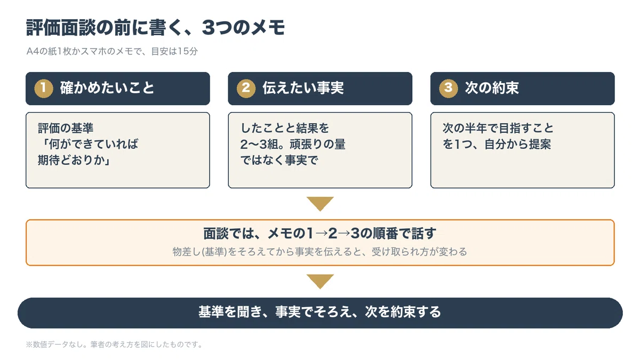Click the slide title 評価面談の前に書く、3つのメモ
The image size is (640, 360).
[155, 28]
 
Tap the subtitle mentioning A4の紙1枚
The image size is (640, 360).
[112, 51]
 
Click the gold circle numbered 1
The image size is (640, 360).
[44, 89]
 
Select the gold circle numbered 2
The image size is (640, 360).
[246, 89]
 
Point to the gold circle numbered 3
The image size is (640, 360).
[449, 89]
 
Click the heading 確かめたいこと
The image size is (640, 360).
[107, 87]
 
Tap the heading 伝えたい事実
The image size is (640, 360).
[303, 87]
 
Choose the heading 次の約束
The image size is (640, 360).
[492, 87]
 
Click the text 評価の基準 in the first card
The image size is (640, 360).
[66, 128]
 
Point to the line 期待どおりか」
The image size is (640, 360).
[74, 161]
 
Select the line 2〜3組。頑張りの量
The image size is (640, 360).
[293, 145]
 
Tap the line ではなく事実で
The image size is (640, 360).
[279, 161]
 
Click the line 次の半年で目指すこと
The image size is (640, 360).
[498, 128]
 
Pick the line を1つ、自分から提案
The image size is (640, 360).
[497, 145]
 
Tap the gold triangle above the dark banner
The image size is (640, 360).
[320, 282]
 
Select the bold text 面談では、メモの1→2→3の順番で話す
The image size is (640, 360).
[319, 234]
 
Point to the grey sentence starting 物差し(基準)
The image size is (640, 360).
[319, 252]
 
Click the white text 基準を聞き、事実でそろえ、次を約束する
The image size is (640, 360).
[319, 311]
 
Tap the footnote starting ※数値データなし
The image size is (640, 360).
[114, 345]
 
